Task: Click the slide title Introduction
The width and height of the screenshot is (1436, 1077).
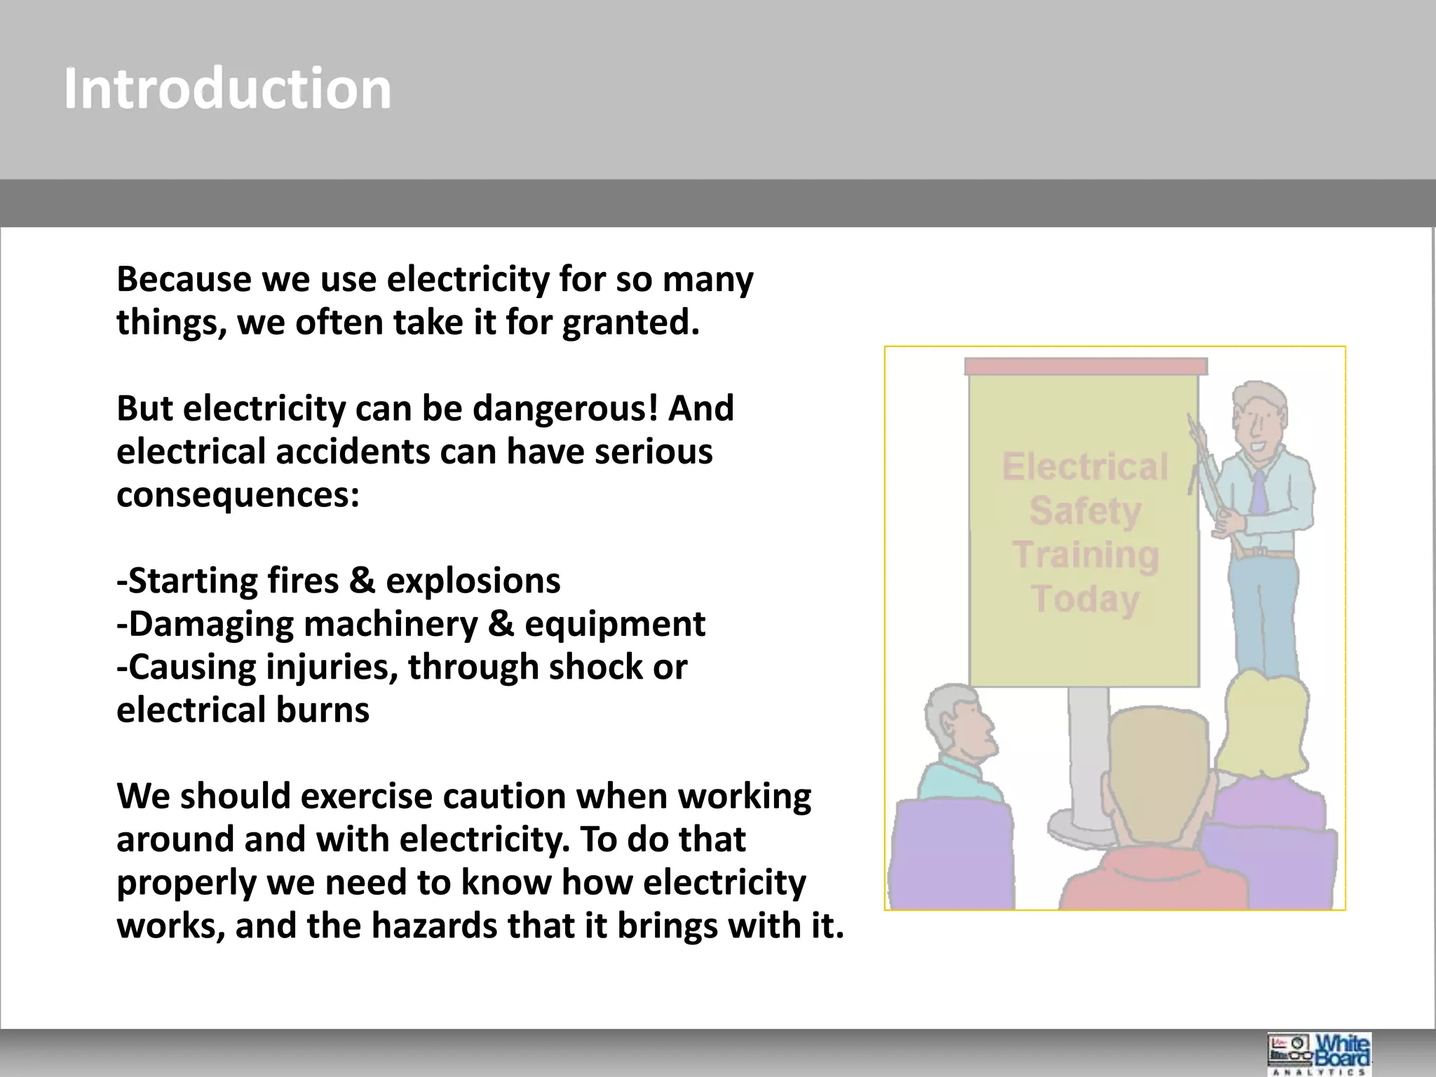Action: point(227,89)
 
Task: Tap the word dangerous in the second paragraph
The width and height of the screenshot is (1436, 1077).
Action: point(565,409)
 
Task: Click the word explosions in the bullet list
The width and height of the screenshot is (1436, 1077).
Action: point(473,581)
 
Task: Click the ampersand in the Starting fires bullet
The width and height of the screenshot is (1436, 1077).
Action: point(362,581)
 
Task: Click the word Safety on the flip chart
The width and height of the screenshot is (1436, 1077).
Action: point(1085,510)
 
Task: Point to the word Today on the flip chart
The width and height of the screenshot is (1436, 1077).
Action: point(1085,599)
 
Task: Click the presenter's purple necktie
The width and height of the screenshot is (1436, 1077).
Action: point(1259,491)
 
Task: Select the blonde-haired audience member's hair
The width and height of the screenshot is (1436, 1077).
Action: point(1266,722)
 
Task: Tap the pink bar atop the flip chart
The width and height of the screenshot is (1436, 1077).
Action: point(1085,367)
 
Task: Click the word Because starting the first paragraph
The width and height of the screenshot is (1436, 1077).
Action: point(184,280)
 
